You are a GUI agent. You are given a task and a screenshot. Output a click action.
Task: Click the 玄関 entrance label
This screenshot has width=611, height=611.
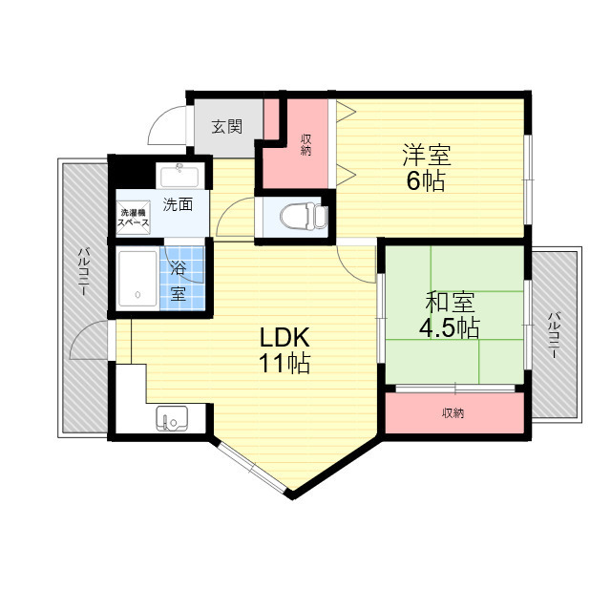226,125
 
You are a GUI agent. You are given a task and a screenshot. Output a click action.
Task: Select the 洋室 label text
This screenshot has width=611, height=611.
426,154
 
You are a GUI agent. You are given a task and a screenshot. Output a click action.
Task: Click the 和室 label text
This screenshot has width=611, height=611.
451,303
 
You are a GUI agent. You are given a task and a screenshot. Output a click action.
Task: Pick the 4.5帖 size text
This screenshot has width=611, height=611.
451,327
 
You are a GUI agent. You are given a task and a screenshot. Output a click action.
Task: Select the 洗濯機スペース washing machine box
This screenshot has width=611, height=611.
133,218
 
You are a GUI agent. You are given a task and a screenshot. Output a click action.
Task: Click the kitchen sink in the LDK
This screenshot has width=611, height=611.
173,418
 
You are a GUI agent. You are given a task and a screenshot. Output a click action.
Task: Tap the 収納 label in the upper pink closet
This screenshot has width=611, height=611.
305,143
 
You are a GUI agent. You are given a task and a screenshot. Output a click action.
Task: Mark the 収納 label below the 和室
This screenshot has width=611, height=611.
453,413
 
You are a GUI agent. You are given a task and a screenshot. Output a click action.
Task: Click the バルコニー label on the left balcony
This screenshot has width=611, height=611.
84,272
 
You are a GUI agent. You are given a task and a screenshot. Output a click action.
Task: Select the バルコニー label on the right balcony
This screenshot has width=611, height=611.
554,334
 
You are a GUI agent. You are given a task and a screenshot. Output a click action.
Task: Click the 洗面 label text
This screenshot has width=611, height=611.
179,203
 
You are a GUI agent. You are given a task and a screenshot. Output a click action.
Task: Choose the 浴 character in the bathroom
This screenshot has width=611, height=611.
179,268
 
